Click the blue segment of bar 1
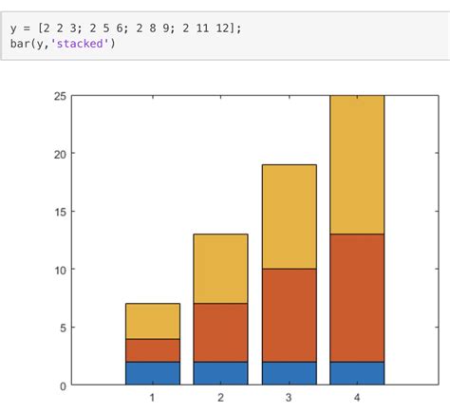152,373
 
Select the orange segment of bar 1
152,350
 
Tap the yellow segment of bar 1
152,321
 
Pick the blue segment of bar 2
220,373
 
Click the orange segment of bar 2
220,332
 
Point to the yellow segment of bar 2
220,269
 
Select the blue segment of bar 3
289,373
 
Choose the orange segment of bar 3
289,315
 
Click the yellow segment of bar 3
289,216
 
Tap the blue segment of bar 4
357,373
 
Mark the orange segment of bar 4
357,297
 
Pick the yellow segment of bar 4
357,164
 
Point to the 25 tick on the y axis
60,96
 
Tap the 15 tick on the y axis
60,212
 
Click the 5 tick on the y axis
63,328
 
